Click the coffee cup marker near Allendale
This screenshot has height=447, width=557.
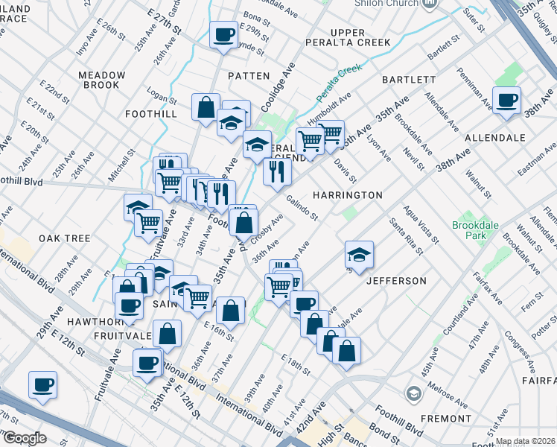506,101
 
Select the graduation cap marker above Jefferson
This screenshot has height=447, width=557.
359,255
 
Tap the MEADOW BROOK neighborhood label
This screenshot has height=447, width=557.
102,80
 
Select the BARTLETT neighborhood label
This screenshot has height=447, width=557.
409,80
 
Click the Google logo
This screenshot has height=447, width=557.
24,438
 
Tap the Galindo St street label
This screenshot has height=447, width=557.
302,208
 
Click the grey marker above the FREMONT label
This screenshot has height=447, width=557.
413,393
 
